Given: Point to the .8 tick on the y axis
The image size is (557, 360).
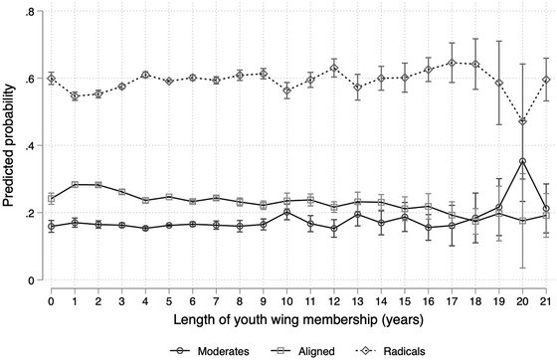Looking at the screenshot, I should click(x=30, y=12).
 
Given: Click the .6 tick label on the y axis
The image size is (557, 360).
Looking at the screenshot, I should click(x=30, y=79).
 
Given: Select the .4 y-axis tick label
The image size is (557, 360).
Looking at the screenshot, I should click(x=30, y=146).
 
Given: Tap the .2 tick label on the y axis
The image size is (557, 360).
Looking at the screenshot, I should click(x=30, y=213).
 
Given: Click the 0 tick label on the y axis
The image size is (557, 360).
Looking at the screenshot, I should click(x=32, y=280).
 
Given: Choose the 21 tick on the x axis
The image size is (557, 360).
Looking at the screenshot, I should click(x=546, y=298).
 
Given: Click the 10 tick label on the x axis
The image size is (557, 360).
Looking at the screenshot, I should click(x=286, y=298).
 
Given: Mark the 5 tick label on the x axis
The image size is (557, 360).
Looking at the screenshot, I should click(x=169, y=298).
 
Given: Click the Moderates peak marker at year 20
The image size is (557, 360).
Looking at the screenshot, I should click(x=522, y=161).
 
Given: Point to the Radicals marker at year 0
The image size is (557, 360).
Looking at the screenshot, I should click(x=51, y=79).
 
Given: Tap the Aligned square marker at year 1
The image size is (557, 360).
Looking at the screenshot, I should click(x=75, y=185).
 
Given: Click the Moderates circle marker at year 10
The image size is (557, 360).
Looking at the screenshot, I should click(x=286, y=212).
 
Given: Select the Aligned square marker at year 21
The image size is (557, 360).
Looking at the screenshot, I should click(x=546, y=215).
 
